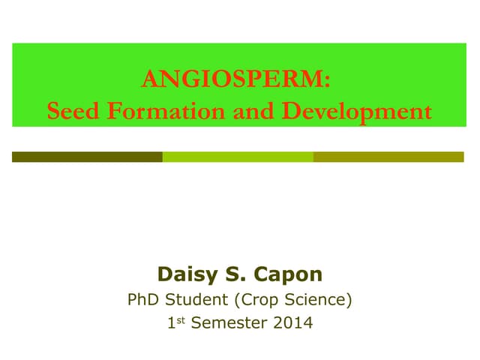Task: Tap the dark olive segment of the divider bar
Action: coord(87,157)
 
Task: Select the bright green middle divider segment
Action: coord(238,157)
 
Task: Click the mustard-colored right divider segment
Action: coord(388,157)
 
